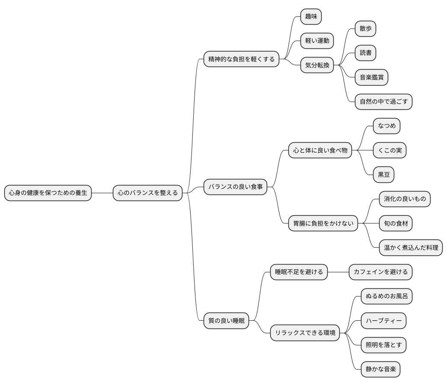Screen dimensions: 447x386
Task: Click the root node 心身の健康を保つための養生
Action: [x=48, y=193]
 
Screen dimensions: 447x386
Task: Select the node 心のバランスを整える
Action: [x=148, y=193]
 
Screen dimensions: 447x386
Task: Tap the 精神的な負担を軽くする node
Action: [x=242, y=59]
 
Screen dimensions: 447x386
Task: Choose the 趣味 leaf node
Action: [x=311, y=16]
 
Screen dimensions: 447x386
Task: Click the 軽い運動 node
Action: [x=317, y=41]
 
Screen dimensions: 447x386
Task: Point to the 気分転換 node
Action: [x=317, y=65]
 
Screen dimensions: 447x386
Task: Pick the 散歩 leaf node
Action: [x=365, y=29]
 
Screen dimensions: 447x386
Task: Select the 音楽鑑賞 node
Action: [x=371, y=77]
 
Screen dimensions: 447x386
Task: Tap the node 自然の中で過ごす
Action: [x=384, y=102]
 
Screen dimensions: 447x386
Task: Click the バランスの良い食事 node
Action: [x=236, y=187]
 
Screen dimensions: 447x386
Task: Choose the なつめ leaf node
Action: [x=386, y=126]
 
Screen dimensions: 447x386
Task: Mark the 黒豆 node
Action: [x=384, y=175]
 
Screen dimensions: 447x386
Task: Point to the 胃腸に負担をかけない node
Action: [x=323, y=223]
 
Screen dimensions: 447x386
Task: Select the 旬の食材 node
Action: [x=396, y=223]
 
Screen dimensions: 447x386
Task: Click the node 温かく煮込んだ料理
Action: [x=411, y=247]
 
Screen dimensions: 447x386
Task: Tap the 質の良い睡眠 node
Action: [x=227, y=321]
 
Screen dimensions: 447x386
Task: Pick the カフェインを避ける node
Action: [x=380, y=272]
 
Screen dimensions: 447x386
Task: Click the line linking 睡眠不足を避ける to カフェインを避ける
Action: [x=338, y=272]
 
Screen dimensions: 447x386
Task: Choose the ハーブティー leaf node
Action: [x=384, y=321]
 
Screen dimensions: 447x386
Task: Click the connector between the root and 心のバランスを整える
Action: [x=102, y=193]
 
